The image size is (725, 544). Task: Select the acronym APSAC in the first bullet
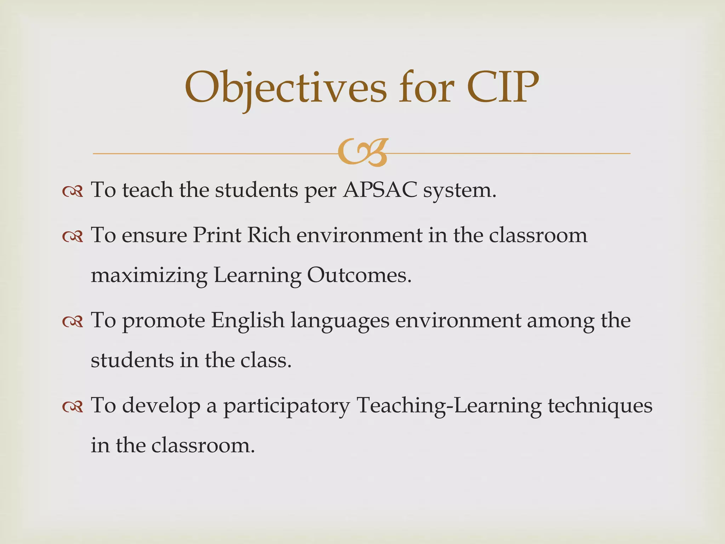click(x=380, y=190)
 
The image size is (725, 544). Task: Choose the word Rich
click(x=269, y=235)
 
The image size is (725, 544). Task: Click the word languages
click(x=340, y=322)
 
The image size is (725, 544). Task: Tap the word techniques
click(x=600, y=406)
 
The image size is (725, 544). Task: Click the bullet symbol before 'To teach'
click(x=73, y=192)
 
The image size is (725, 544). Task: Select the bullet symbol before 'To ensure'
click(x=73, y=237)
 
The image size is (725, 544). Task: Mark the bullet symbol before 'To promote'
click(x=73, y=322)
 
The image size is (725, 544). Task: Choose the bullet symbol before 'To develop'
click(x=73, y=407)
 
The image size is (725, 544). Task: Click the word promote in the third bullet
click(x=164, y=322)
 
